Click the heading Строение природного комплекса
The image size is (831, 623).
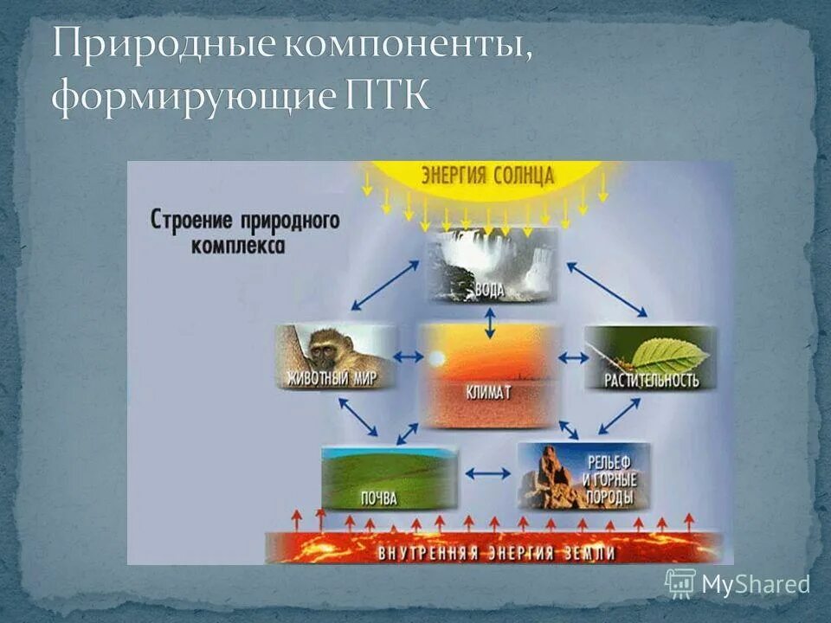click(245, 230)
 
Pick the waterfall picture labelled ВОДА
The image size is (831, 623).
click(491, 265)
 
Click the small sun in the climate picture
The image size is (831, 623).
click(436, 357)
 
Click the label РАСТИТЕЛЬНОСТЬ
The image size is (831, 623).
click(651, 380)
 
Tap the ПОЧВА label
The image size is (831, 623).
click(376, 498)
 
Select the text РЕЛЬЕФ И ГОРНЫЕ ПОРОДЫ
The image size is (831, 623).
click(609, 479)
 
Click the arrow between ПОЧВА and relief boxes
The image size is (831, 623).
click(488, 473)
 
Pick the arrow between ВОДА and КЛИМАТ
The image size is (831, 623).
click(491, 323)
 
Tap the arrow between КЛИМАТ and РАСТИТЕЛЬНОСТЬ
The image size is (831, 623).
click(572, 356)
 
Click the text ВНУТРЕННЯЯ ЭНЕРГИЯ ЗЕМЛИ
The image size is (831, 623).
click(498, 552)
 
